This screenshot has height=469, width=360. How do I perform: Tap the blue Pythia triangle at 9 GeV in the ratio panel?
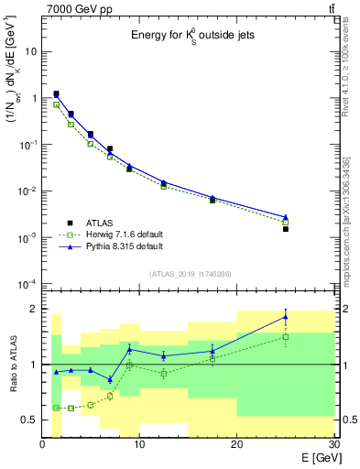[x=130, y=349]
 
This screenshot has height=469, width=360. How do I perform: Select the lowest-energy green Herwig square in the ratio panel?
[x=57, y=408]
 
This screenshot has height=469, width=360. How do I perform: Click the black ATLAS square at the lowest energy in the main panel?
[x=57, y=93]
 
